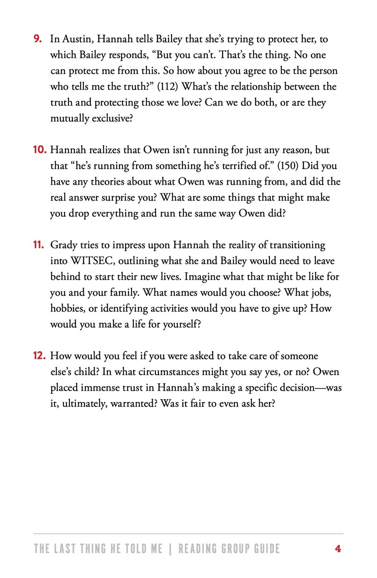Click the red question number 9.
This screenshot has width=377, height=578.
37,39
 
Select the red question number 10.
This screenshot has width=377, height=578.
40,150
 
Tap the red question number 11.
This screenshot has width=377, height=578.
38,245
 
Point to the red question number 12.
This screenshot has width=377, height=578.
40,356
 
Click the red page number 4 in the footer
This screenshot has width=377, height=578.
338,549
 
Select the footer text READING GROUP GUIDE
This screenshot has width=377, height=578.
229,549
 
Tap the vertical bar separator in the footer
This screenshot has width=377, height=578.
170,549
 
